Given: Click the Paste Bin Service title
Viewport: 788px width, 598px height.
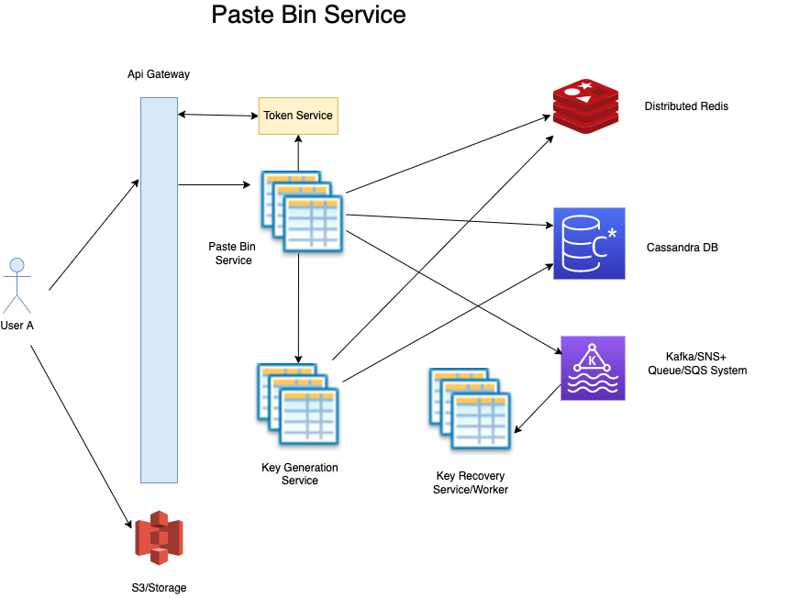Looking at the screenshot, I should click(x=308, y=15).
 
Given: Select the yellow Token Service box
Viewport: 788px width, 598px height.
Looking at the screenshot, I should click(x=298, y=116).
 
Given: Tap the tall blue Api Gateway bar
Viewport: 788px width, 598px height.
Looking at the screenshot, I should click(x=159, y=290).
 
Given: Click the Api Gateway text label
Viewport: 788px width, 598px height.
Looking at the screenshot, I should click(x=159, y=74).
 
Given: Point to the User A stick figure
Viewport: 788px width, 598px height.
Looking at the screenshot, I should click(x=17, y=286).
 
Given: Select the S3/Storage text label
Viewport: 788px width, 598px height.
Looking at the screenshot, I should click(x=159, y=587).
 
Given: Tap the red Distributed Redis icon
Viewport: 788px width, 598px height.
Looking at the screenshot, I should click(x=585, y=106).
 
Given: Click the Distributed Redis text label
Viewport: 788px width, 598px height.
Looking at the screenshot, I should click(x=686, y=106).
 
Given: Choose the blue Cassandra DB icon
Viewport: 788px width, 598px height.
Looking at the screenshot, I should click(x=588, y=243).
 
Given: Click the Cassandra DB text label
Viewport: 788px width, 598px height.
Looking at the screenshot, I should click(x=682, y=248).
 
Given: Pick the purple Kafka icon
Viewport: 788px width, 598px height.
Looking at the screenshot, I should click(x=593, y=368).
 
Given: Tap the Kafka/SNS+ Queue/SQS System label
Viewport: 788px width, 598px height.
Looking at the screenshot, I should click(x=705, y=363).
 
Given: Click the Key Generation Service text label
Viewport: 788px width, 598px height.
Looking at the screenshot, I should click(x=299, y=474).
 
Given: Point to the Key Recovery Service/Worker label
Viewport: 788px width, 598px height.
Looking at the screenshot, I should click(x=470, y=483).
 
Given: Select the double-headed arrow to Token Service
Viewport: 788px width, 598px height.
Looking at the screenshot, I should click(x=217, y=115).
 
